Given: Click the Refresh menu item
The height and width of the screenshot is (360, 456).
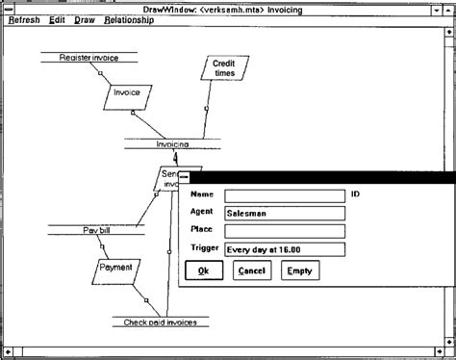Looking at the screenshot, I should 24,19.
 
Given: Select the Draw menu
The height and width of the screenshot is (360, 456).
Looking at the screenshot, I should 85,19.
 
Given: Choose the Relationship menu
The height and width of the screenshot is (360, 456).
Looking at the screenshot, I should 129,19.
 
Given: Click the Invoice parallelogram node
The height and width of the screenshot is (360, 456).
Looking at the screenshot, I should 127,94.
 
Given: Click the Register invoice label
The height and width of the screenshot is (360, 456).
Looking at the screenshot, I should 89,58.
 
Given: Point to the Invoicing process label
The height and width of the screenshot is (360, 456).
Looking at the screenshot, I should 172,144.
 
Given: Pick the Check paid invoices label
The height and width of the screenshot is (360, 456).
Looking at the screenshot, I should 160,322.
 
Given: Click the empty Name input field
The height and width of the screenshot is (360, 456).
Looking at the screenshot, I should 283,195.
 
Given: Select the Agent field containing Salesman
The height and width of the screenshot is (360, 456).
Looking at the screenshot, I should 283,214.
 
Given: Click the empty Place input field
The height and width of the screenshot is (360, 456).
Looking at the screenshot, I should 283,231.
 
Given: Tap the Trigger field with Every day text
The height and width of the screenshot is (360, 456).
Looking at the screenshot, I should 283,248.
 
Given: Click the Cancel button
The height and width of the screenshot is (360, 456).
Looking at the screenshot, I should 251,271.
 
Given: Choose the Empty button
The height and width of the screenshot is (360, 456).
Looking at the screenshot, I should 300,271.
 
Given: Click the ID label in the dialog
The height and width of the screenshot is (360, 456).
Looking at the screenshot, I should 355,194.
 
